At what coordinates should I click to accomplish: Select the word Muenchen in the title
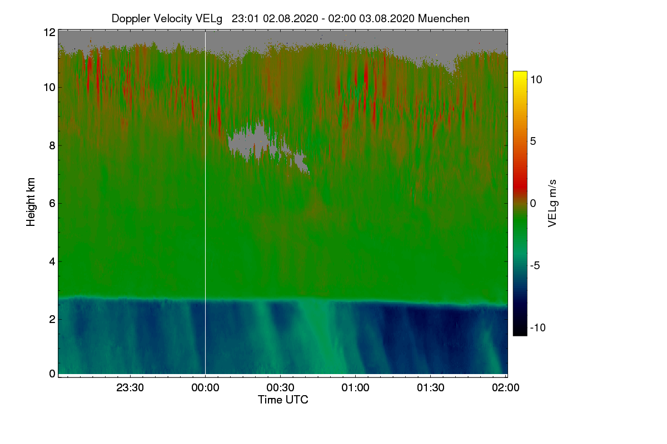point(444,18)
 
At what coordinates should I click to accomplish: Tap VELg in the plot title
point(209,18)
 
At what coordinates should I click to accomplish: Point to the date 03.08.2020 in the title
point(387,18)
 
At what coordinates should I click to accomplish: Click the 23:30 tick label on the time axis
point(130,388)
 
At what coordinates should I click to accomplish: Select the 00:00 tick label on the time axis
point(205,388)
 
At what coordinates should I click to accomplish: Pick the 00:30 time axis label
point(280,388)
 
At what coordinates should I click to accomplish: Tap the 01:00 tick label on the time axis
point(355,388)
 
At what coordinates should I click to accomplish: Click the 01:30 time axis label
point(430,388)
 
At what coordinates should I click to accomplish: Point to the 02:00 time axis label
point(505,388)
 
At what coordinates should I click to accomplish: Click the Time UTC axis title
point(283,400)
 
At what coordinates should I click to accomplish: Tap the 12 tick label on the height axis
point(49,32)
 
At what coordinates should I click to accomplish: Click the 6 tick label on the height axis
point(52,203)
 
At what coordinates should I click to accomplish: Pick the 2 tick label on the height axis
point(52,319)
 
